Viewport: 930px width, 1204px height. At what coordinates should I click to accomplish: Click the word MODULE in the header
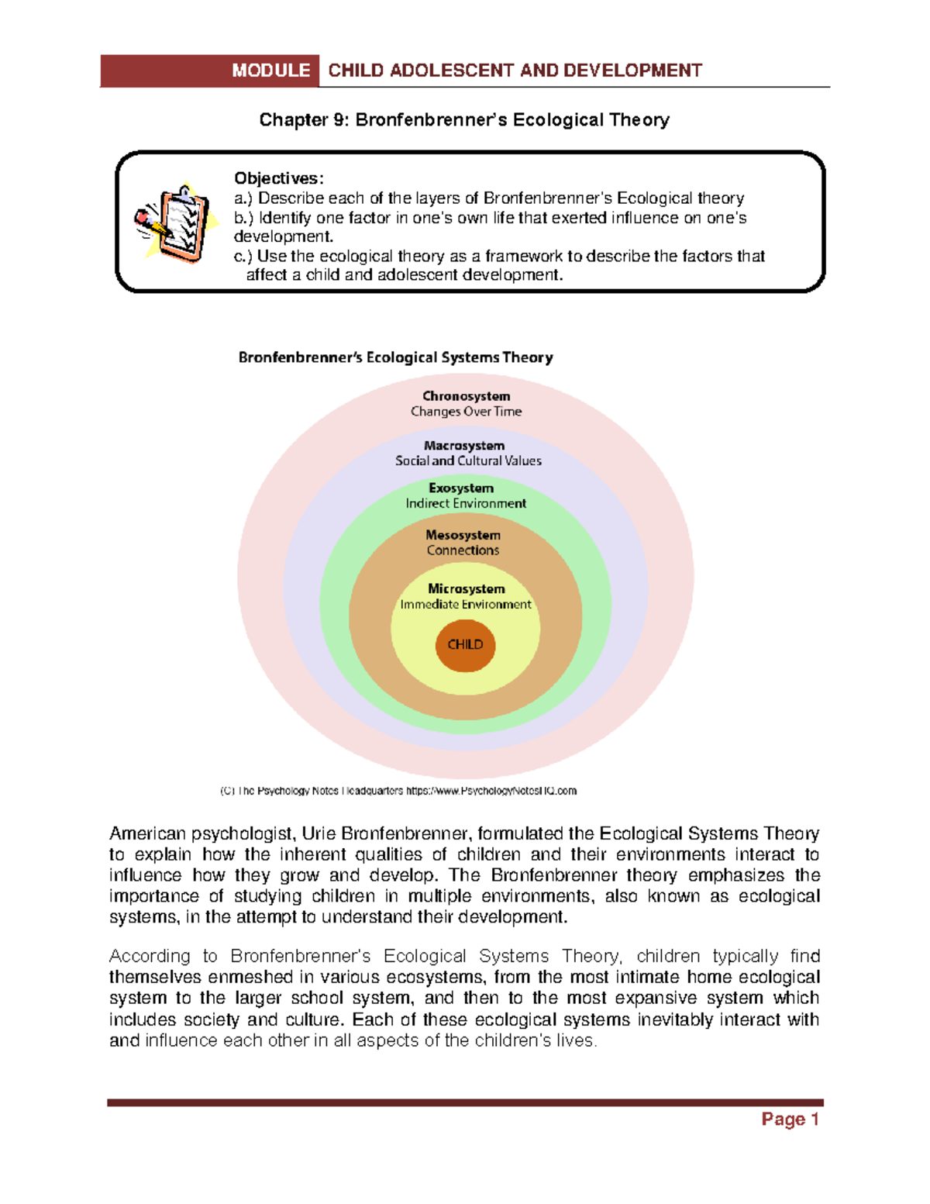point(270,71)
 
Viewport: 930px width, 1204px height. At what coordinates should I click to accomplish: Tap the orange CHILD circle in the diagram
point(465,644)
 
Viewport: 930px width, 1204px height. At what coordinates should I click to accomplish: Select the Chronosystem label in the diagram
point(466,396)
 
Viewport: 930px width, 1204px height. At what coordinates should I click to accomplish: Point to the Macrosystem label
point(464,446)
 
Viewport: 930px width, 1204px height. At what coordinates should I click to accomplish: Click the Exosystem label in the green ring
point(461,488)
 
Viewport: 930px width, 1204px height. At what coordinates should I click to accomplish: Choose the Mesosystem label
point(463,535)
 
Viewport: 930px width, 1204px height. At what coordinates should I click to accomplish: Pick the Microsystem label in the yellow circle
point(466,589)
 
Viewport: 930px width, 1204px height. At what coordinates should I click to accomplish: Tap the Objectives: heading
point(279,178)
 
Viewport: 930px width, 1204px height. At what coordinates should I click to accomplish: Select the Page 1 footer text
point(790,1119)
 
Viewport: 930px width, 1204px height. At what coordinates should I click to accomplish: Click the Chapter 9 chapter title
point(464,120)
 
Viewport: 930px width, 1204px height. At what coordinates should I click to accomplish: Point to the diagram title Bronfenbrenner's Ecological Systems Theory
point(395,357)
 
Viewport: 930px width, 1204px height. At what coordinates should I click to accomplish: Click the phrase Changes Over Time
point(466,412)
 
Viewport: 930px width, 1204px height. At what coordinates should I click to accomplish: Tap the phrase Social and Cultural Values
point(468,461)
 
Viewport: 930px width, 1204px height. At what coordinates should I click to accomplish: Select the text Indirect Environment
point(466,503)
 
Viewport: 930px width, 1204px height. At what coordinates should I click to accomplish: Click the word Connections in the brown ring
point(463,550)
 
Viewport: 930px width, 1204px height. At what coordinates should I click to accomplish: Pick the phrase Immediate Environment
point(466,605)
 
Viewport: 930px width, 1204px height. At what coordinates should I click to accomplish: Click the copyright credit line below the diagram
point(398,791)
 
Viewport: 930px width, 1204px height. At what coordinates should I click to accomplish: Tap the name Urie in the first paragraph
point(318,834)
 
